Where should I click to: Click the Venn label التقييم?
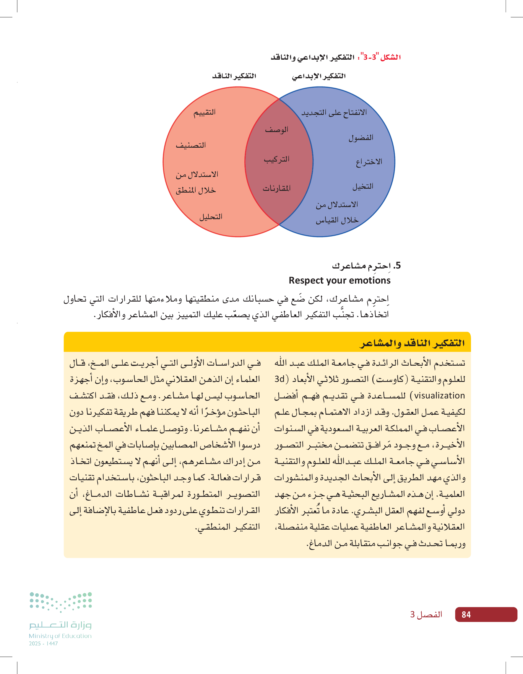point(204,112)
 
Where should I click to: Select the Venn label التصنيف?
point(191,145)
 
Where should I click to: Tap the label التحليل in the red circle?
point(211,217)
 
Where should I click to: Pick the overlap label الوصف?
point(277,130)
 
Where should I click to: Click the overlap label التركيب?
point(277,159)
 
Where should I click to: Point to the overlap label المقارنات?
point(277,188)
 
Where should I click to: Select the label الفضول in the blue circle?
point(361,138)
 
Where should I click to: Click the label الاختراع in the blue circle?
point(369,162)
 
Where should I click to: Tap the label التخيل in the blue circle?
point(363,186)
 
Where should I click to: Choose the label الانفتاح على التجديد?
point(334,113)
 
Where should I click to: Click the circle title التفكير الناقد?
point(234,76)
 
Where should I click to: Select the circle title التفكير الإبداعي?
point(319,76)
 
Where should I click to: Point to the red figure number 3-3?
point(370,57)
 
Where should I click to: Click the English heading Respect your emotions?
point(340,280)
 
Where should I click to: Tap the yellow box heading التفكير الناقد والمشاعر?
point(412,343)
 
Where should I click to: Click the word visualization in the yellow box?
point(439,396)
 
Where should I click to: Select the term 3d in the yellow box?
point(280,379)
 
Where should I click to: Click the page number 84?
point(466,614)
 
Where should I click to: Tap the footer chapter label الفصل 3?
point(426,614)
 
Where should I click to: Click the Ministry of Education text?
point(60,636)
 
